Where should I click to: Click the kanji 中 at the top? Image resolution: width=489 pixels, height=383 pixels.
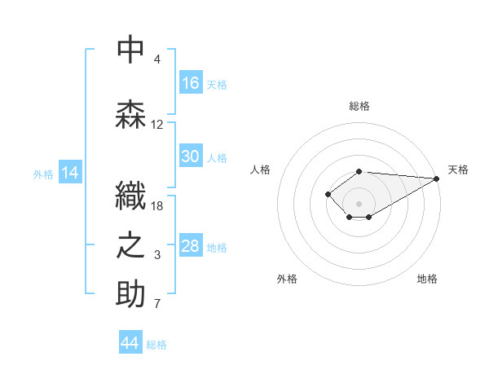(130, 49)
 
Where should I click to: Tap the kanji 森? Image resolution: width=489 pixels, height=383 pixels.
(130, 114)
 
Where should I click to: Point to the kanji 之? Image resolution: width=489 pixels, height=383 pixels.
(130, 245)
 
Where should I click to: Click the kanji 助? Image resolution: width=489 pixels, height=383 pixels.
(130, 294)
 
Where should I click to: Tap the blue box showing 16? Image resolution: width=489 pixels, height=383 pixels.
(191, 83)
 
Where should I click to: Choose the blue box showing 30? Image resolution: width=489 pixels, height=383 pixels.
(191, 156)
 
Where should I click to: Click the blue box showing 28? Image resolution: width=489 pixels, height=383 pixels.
(191, 246)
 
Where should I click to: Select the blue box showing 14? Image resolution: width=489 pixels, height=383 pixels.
(70, 173)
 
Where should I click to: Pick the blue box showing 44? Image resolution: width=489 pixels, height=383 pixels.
(130, 343)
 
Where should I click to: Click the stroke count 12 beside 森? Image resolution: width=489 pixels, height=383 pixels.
(157, 125)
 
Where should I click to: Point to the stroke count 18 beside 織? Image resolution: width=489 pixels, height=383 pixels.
(157, 205)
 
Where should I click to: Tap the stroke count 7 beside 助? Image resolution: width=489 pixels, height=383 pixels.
(157, 305)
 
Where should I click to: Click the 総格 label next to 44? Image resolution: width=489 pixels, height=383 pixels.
(156, 345)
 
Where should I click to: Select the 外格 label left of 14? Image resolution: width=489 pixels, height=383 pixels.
(43, 174)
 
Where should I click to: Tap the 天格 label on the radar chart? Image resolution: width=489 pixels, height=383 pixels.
(458, 169)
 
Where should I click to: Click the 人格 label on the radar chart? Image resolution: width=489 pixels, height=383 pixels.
(260, 169)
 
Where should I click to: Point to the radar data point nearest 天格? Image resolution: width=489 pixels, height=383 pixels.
(437, 178)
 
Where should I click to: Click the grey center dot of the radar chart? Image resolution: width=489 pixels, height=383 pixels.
(359, 203)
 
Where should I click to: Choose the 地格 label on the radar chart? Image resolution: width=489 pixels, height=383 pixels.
(427, 279)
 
